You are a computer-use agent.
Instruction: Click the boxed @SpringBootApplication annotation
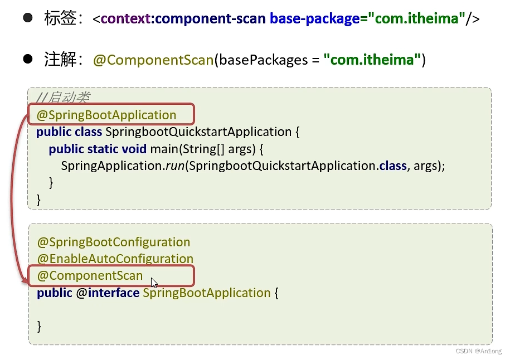coord(106,115)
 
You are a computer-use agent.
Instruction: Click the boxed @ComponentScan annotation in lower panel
coord(90,276)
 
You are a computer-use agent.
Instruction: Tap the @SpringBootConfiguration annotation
coord(114,242)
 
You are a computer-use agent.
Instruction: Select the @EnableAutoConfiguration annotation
coord(115,259)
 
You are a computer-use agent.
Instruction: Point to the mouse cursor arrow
coord(154,283)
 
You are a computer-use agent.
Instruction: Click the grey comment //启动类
coord(62,98)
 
